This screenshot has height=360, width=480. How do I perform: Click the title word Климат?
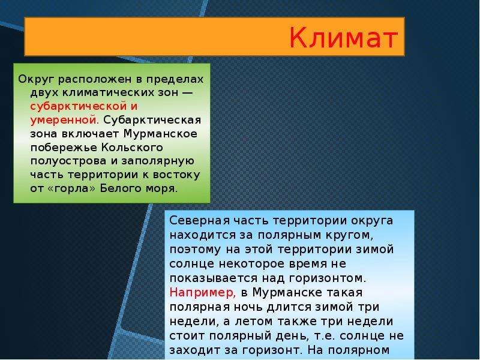[343, 38]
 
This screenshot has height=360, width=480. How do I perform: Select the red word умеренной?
[64, 120]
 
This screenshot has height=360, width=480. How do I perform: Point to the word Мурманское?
[160, 134]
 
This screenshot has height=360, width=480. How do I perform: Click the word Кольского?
[132, 148]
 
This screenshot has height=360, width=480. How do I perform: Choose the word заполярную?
[158, 161]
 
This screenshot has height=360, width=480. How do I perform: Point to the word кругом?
[351, 236]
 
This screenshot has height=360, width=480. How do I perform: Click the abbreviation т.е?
[325, 336]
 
